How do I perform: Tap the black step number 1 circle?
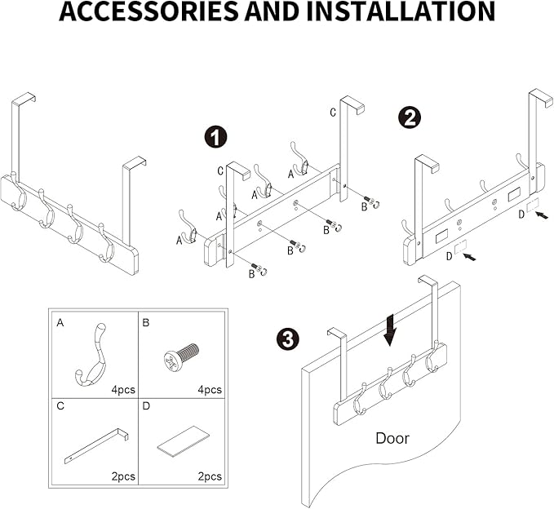click(x=215, y=138)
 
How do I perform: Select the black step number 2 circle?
click(x=409, y=117)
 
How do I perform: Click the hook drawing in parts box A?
click(x=88, y=356)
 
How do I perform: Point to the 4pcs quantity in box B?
click(x=209, y=390)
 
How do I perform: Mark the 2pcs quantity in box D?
click(x=209, y=476)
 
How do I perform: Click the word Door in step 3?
click(x=392, y=438)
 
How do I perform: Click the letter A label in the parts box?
click(x=60, y=323)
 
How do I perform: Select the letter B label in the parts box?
click(x=147, y=323)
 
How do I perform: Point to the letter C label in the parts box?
click(x=60, y=405)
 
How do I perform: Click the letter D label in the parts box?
click(x=147, y=405)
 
